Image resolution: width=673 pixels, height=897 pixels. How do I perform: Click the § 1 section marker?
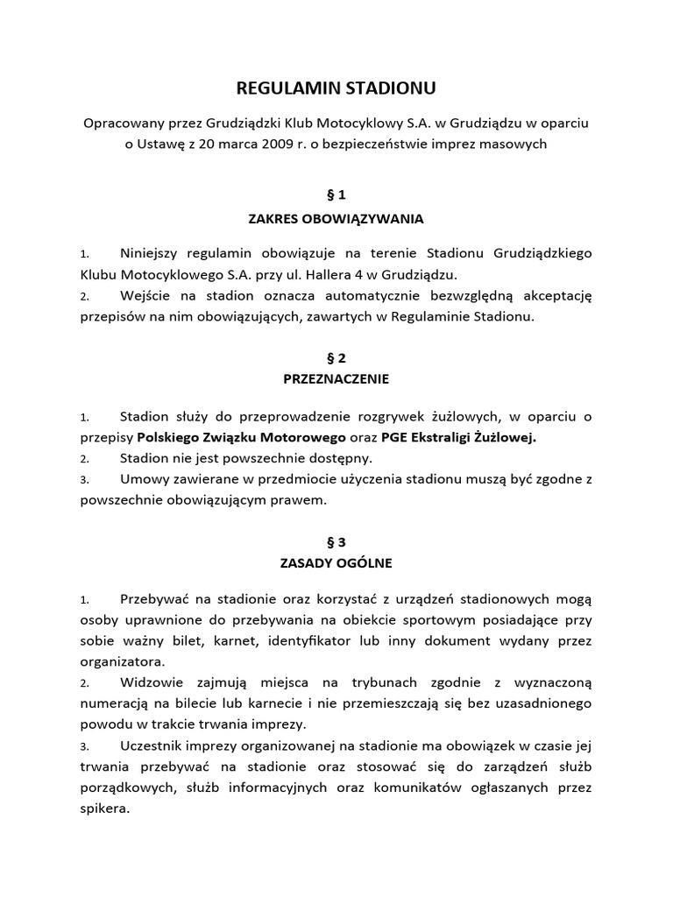click(336, 195)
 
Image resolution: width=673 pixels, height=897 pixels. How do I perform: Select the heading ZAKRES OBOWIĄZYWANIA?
click(336, 218)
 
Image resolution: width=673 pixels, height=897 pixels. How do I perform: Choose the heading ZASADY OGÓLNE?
click(336, 563)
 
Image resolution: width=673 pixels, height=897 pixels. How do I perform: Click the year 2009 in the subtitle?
click(260, 145)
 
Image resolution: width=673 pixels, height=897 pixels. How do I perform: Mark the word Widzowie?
click(149, 682)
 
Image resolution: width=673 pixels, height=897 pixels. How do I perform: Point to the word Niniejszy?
click(150, 253)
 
